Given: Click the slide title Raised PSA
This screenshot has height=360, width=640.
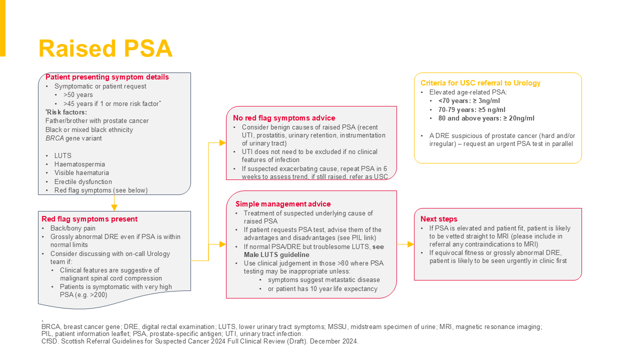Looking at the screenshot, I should click(x=105, y=49).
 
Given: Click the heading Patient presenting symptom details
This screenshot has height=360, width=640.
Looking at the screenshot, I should click(x=107, y=77).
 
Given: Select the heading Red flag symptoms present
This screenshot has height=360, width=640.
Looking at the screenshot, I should click(x=89, y=219).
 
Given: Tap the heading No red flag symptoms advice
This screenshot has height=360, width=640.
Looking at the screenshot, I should click(x=284, y=118).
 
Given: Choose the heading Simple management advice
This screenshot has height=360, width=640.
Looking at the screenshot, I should click(x=283, y=204).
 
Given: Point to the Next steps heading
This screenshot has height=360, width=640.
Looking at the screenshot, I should click(x=438, y=219).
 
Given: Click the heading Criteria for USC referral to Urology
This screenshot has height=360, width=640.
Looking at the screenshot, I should click(x=480, y=83).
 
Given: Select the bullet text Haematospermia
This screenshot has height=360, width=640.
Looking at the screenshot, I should click(x=79, y=164).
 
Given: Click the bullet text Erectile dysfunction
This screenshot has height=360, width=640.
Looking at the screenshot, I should click(x=83, y=181).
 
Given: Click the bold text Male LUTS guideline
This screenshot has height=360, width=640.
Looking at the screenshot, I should click(x=276, y=255).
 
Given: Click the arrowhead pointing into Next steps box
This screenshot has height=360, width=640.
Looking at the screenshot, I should click(x=410, y=244).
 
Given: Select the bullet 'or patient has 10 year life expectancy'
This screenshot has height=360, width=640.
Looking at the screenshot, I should click(x=322, y=289).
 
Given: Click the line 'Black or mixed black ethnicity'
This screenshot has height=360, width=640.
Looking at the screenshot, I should click(x=89, y=130).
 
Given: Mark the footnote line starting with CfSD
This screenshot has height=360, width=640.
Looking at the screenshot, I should click(x=200, y=341).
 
